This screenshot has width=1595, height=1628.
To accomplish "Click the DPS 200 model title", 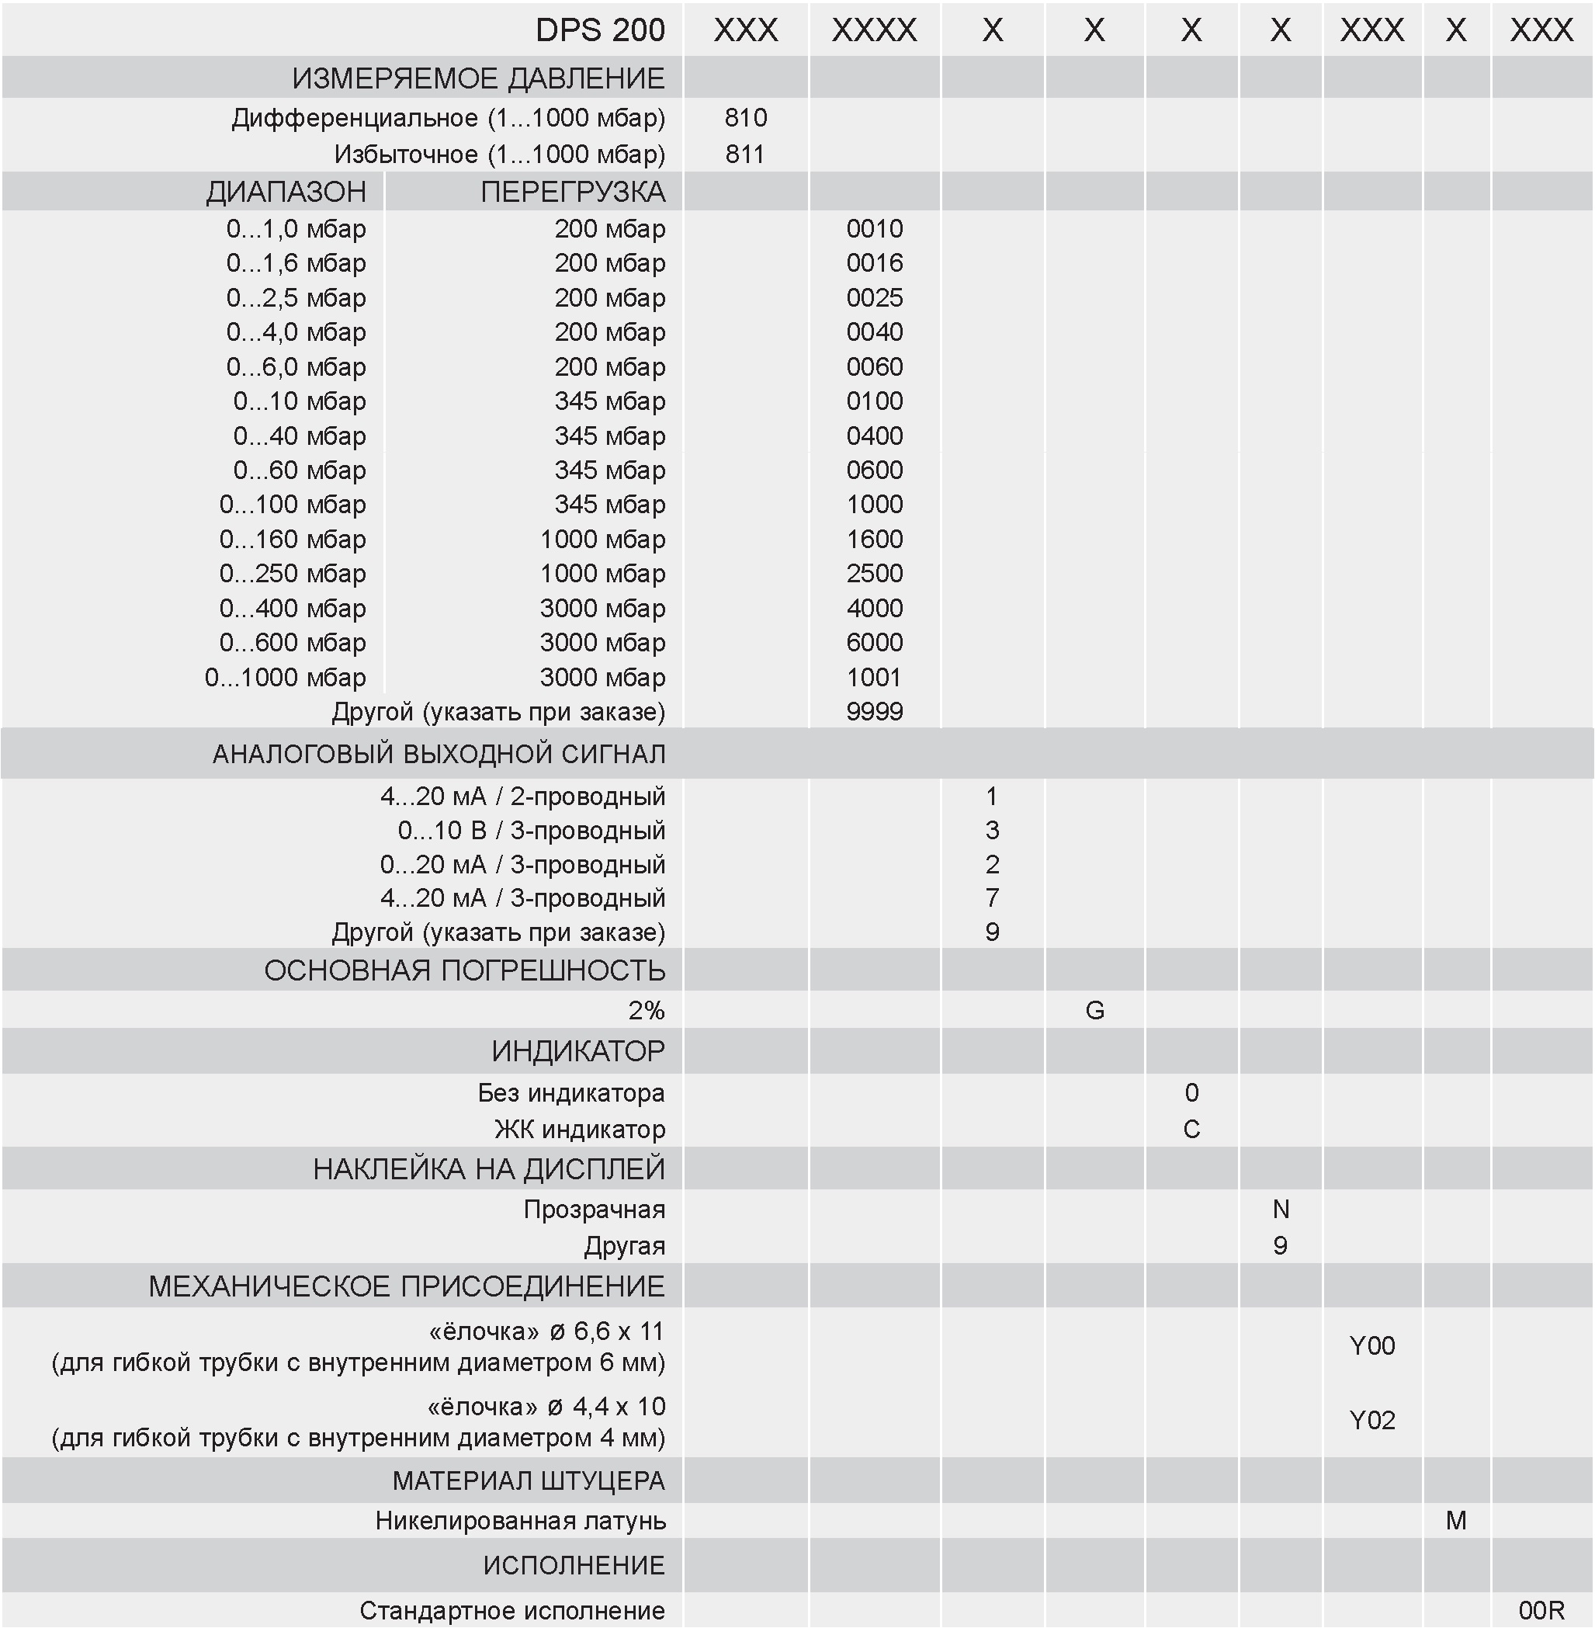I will [x=600, y=30].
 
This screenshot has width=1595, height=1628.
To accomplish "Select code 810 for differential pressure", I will [x=746, y=117].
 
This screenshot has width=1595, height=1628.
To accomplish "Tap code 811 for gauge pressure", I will [x=746, y=154].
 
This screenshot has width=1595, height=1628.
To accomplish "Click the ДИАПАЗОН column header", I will [x=286, y=192].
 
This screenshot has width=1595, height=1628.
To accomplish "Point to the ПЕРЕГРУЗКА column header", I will [x=573, y=192].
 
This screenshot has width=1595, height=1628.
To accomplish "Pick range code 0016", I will [x=875, y=263].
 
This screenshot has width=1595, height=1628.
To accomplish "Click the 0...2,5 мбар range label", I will [x=296, y=297].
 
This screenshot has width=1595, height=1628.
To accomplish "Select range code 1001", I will [x=875, y=677].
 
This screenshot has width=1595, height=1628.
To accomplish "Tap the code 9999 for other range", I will [x=875, y=711].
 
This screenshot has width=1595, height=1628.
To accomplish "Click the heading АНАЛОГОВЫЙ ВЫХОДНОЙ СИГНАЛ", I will [x=439, y=754].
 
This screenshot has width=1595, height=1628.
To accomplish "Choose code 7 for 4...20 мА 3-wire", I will [x=993, y=898].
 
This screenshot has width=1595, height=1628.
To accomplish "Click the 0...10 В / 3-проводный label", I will [x=531, y=831].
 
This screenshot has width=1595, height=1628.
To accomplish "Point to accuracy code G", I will [x=1095, y=1011].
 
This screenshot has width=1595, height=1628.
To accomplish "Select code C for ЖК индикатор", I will [x=1191, y=1130].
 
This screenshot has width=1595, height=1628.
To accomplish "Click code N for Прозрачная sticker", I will [x=1281, y=1209].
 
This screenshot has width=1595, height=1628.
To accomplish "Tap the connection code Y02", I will [x=1372, y=1420].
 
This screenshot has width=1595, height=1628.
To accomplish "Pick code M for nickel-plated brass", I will [x=1456, y=1520].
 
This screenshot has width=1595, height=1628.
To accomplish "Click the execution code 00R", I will [x=1541, y=1609].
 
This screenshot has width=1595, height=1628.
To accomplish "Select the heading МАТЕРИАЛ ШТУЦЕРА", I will [x=529, y=1480].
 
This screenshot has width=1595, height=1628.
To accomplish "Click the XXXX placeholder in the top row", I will [x=875, y=30].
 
